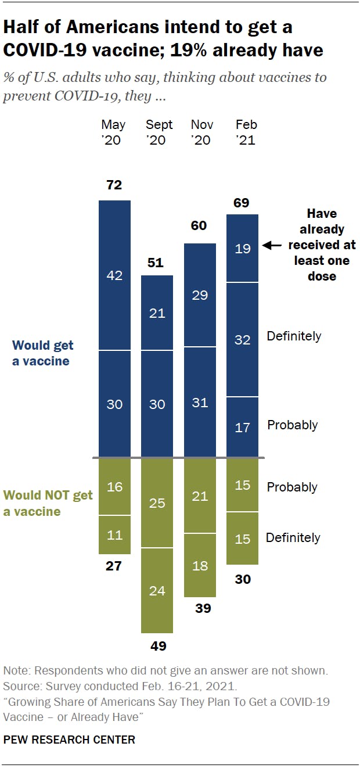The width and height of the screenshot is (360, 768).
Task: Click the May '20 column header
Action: point(113,132)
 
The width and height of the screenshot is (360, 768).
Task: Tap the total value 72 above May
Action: point(114,185)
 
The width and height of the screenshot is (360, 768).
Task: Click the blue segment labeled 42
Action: point(114,275)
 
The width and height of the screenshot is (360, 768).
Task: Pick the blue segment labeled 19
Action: point(242,248)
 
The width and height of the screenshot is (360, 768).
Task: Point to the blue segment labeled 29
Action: point(200,295)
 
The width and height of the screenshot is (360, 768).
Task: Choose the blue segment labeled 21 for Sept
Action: point(157,313)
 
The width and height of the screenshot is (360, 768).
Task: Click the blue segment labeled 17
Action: point(242,427)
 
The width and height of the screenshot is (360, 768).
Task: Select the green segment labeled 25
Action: point(157,503)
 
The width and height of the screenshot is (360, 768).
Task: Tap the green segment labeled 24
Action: point(157,591)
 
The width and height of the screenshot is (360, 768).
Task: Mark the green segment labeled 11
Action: point(114,534)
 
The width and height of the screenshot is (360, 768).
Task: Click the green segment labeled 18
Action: point(200,565)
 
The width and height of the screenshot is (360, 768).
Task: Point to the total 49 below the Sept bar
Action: point(157,646)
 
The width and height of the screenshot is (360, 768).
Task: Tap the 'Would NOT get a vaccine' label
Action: point(48,503)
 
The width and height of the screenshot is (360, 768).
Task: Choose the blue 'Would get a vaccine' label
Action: point(43,353)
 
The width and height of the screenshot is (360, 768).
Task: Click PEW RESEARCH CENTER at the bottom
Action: point(69,740)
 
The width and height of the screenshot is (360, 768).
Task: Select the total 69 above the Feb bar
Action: point(242,203)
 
